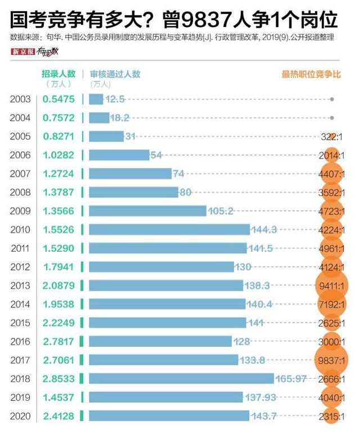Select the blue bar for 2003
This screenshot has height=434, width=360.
(96, 99)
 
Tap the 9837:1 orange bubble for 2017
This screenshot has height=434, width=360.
(332, 360)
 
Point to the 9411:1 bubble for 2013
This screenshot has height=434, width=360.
(332, 286)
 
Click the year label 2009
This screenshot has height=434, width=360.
(20, 211)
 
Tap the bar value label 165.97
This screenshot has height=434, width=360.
(292, 378)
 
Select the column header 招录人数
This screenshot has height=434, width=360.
(58, 74)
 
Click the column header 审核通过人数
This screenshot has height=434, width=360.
(115, 74)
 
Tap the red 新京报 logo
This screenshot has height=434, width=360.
(22, 52)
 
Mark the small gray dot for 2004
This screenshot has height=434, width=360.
(332, 117)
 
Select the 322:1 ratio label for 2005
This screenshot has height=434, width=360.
(331, 137)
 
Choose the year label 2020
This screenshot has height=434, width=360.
(20, 415)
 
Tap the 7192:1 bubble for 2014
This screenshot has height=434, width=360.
(332, 304)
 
